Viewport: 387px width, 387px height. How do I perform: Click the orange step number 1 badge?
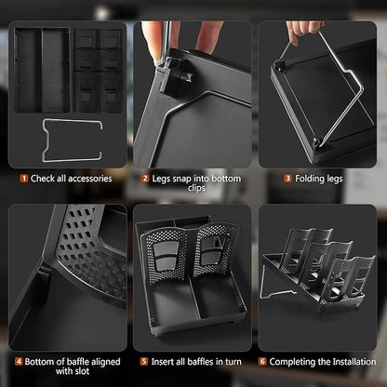(x=24, y=179)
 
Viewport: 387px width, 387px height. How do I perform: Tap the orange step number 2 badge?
(x=145, y=179)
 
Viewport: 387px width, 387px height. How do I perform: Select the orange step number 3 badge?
(x=288, y=179)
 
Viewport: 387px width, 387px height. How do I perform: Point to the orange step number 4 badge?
(x=19, y=362)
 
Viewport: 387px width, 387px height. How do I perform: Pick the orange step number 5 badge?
(x=144, y=362)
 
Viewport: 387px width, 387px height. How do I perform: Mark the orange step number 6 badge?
(x=262, y=362)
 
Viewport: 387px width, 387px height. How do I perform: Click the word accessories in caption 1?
(x=90, y=179)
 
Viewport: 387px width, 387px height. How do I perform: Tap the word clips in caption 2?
(x=196, y=188)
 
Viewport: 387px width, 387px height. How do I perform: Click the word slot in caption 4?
(x=82, y=371)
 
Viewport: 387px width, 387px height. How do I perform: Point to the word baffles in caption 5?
(x=197, y=362)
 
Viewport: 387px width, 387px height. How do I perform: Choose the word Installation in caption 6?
(x=354, y=362)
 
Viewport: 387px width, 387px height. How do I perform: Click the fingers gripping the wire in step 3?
(x=302, y=30)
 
